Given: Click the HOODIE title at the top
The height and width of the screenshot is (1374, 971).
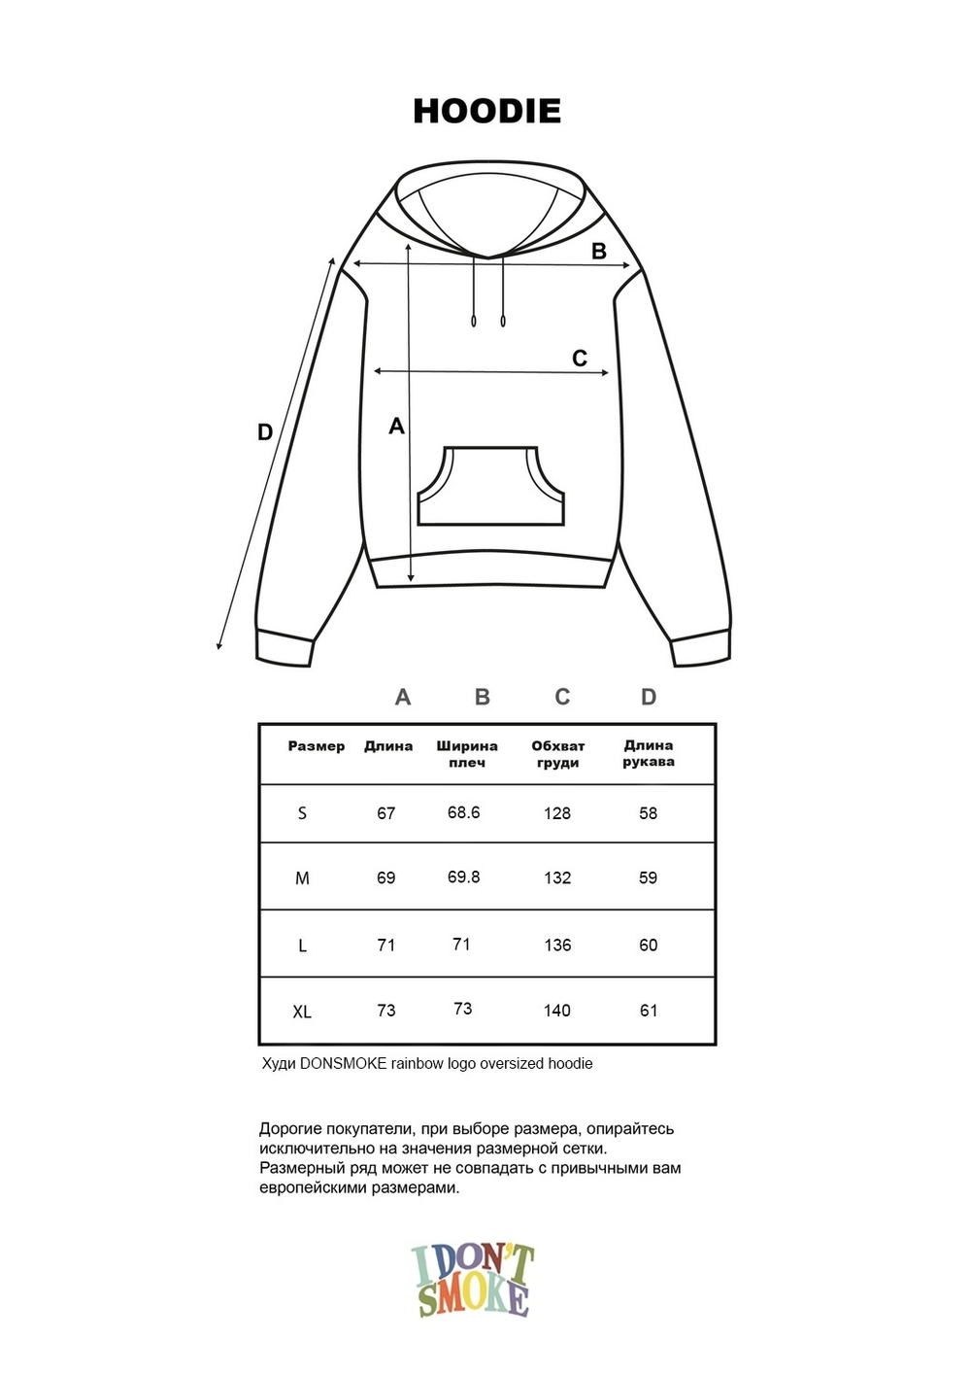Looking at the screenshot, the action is tap(486, 111).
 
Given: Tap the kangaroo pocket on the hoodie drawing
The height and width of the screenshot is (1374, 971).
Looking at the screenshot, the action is tap(490, 488).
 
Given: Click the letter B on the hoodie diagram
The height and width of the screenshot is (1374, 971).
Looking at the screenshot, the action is tap(599, 251).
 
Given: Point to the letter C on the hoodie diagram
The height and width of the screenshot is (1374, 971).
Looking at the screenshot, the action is tap(580, 359).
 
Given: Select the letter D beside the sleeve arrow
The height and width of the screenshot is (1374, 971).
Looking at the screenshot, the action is tap(265, 432).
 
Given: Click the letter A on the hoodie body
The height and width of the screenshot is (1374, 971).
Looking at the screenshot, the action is tap(396, 426).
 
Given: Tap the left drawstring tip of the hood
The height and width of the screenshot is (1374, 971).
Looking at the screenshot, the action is tap(474, 321).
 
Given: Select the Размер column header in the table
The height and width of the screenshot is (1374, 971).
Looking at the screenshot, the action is tap(317, 746).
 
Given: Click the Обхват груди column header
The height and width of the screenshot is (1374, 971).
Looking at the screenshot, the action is tap(557, 754).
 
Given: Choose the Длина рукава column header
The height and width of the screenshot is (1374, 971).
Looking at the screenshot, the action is tap(649, 753).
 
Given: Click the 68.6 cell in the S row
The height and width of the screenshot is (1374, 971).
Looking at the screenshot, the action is tap(463, 812).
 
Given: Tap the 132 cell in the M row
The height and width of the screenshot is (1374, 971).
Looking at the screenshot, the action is tap(557, 877).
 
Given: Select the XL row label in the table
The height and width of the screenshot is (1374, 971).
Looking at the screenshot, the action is tap(302, 1012).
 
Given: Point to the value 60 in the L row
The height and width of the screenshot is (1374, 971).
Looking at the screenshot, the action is tap(649, 945).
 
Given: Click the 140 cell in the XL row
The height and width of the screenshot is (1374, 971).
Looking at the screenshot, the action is tap(557, 1011).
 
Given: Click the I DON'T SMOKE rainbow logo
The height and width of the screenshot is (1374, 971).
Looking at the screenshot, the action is tap(473, 1281).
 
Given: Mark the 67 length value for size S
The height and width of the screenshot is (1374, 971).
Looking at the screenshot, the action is tap(386, 813).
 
